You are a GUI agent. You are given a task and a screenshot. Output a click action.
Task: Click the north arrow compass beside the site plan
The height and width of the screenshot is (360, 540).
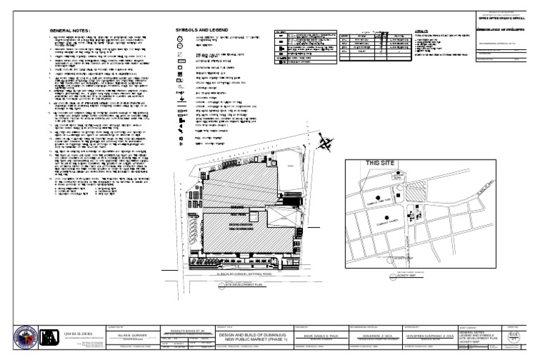click(326, 143)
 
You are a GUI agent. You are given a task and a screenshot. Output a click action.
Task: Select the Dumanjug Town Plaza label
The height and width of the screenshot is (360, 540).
click(380, 200)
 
